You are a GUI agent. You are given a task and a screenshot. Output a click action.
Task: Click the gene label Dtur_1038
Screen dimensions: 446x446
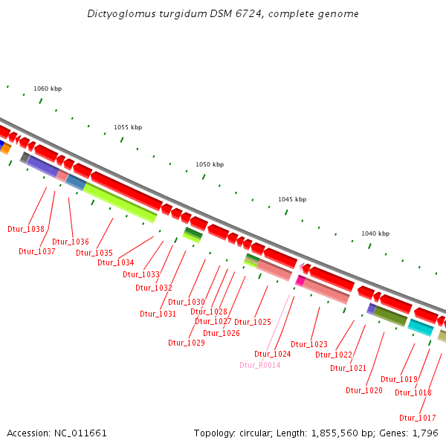click(x=26, y=229)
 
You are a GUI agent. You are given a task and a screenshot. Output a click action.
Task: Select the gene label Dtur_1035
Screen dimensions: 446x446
click(x=94, y=253)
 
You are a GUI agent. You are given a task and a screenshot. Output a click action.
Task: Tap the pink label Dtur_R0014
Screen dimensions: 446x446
click(x=259, y=365)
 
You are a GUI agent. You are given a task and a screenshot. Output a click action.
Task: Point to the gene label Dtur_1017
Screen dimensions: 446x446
click(x=417, y=417)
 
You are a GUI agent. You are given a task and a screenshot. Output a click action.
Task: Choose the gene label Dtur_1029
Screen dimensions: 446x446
click(x=187, y=343)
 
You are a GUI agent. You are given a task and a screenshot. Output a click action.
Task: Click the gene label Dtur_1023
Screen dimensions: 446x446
click(x=309, y=344)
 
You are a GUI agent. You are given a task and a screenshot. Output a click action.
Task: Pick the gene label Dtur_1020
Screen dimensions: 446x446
click(x=364, y=390)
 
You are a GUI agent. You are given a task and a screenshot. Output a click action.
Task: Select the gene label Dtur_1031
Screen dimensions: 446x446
click(x=158, y=314)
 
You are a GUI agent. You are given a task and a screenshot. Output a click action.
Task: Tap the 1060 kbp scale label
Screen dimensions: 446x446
click(x=48, y=88)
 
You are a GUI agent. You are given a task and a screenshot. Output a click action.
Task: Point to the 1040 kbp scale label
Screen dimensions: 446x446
click(x=375, y=233)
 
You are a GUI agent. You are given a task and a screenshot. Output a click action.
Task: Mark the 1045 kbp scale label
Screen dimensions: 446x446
click(x=292, y=199)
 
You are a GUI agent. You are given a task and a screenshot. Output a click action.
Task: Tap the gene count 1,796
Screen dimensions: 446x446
click(x=425, y=433)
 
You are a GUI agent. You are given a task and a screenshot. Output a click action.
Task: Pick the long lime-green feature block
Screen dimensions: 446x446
click(x=120, y=202)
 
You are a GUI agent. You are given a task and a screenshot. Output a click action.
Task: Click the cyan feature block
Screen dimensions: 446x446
click(x=420, y=327)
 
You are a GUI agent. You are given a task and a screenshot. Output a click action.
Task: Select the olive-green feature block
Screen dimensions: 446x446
click(x=390, y=316)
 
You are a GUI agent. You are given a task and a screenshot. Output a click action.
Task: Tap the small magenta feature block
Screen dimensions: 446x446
click(x=300, y=280)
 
